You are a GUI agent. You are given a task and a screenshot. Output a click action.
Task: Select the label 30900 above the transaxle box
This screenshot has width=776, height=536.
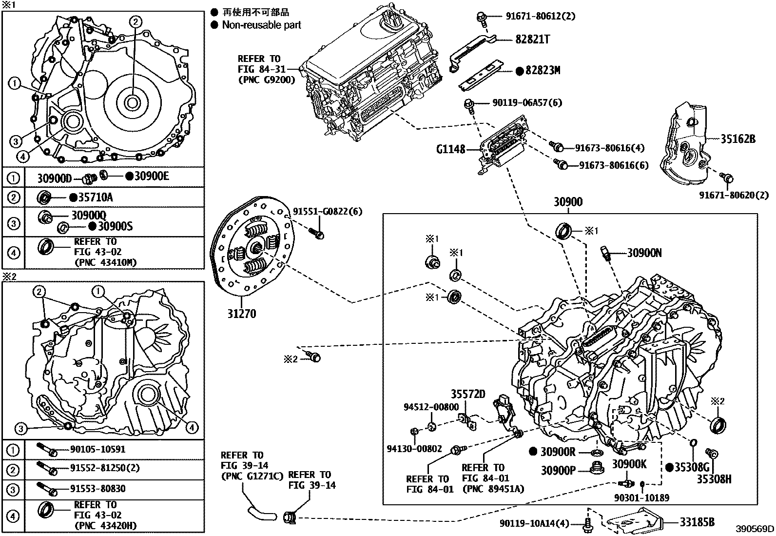(568, 202)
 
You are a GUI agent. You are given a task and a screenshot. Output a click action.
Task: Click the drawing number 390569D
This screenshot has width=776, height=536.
(755, 529)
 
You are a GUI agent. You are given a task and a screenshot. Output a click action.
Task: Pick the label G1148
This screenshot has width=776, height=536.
(451, 149)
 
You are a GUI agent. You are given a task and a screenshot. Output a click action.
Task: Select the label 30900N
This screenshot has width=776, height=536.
(644, 253)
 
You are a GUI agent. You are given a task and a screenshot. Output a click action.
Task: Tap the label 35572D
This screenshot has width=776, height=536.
(468, 394)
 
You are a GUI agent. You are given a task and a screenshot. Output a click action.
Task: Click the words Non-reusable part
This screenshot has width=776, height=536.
(261, 25)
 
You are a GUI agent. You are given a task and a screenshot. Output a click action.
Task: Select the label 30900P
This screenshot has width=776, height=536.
(558, 470)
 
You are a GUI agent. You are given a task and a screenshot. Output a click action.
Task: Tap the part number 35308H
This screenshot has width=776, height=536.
(713, 479)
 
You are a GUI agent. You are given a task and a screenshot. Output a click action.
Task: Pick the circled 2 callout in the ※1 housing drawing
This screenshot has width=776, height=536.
(136, 20)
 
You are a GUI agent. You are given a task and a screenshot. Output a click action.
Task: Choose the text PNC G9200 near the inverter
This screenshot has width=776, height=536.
(267, 79)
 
